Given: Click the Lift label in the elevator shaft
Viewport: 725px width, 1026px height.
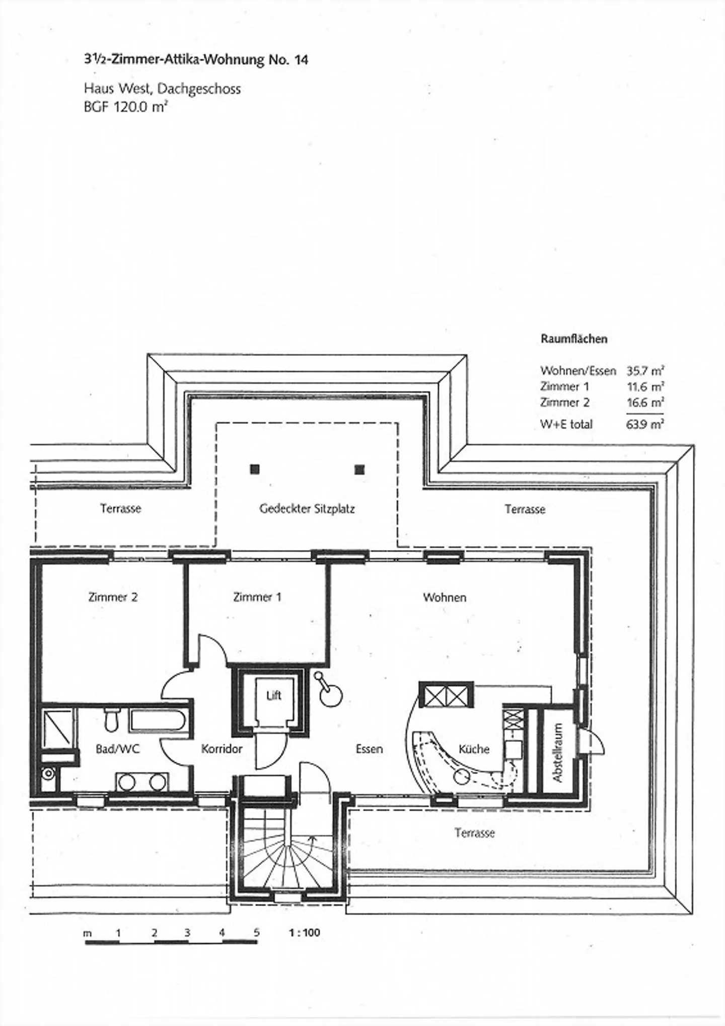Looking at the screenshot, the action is click(274, 696).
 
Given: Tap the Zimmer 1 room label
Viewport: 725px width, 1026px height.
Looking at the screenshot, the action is click(257, 597).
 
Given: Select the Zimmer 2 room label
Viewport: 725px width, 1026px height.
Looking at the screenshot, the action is click(113, 597).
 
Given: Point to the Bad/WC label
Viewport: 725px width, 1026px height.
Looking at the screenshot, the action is click(118, 749).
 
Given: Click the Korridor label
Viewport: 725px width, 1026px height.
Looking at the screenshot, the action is click(222, 749).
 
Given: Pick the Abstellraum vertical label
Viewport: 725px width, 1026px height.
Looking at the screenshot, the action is click(558, 753).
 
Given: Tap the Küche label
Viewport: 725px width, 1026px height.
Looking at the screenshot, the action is click(474, 749).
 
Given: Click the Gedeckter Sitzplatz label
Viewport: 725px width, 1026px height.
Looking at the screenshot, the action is click(307, 509).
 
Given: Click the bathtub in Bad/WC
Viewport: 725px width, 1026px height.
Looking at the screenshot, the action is click(159, 720).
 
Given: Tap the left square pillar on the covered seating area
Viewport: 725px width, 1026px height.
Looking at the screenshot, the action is click(255, 469).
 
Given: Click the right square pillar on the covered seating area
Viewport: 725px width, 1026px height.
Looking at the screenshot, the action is click(359, 469).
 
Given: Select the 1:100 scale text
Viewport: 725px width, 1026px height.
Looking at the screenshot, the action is click(305, 933).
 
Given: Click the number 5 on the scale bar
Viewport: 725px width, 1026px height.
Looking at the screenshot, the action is click(256, 932).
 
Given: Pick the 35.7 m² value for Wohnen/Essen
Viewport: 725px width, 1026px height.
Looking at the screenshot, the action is click(645, 371).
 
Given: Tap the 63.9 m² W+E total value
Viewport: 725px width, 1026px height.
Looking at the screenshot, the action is click(645, 424).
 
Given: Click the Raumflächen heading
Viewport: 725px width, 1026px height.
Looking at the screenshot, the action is click(574, 339).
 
